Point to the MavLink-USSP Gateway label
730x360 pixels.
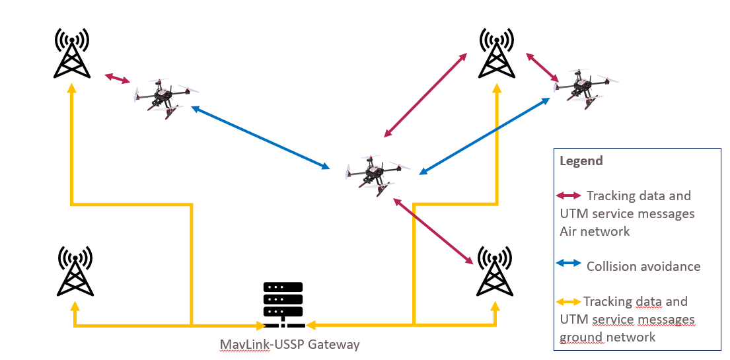(x=289, y=344)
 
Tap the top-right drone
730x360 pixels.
(x=584, y=85)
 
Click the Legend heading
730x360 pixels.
(x=581, y=161)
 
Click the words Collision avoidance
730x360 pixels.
(x=643, y=266)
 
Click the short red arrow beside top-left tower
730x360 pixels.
(x=118, y=79)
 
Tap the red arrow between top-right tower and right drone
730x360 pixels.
(x=541, y=69)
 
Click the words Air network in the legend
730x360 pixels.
(x=595, y=231)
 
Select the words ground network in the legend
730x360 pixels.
(x=607, y=337)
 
